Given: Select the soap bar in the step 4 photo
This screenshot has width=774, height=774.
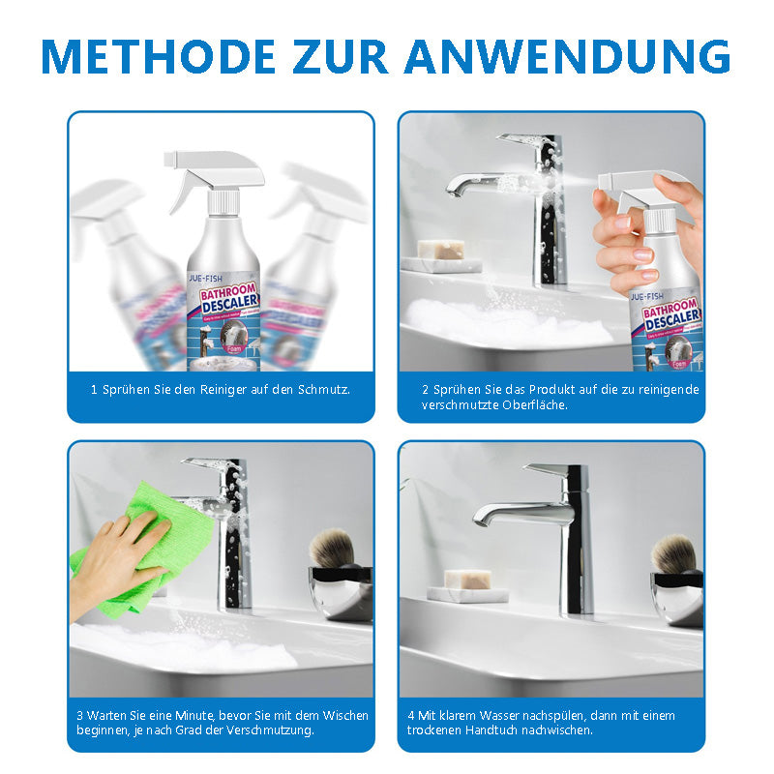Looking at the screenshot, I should click(467, 580).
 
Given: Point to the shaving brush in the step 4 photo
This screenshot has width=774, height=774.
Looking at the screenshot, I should click(673, 555).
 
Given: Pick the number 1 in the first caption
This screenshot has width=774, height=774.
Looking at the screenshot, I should click(94, 389).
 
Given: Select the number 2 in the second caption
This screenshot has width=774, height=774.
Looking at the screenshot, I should click(425, 389).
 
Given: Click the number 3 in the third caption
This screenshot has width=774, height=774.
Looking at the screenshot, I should click(79, 716).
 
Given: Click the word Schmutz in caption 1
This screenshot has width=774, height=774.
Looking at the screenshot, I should click(324, 389).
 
